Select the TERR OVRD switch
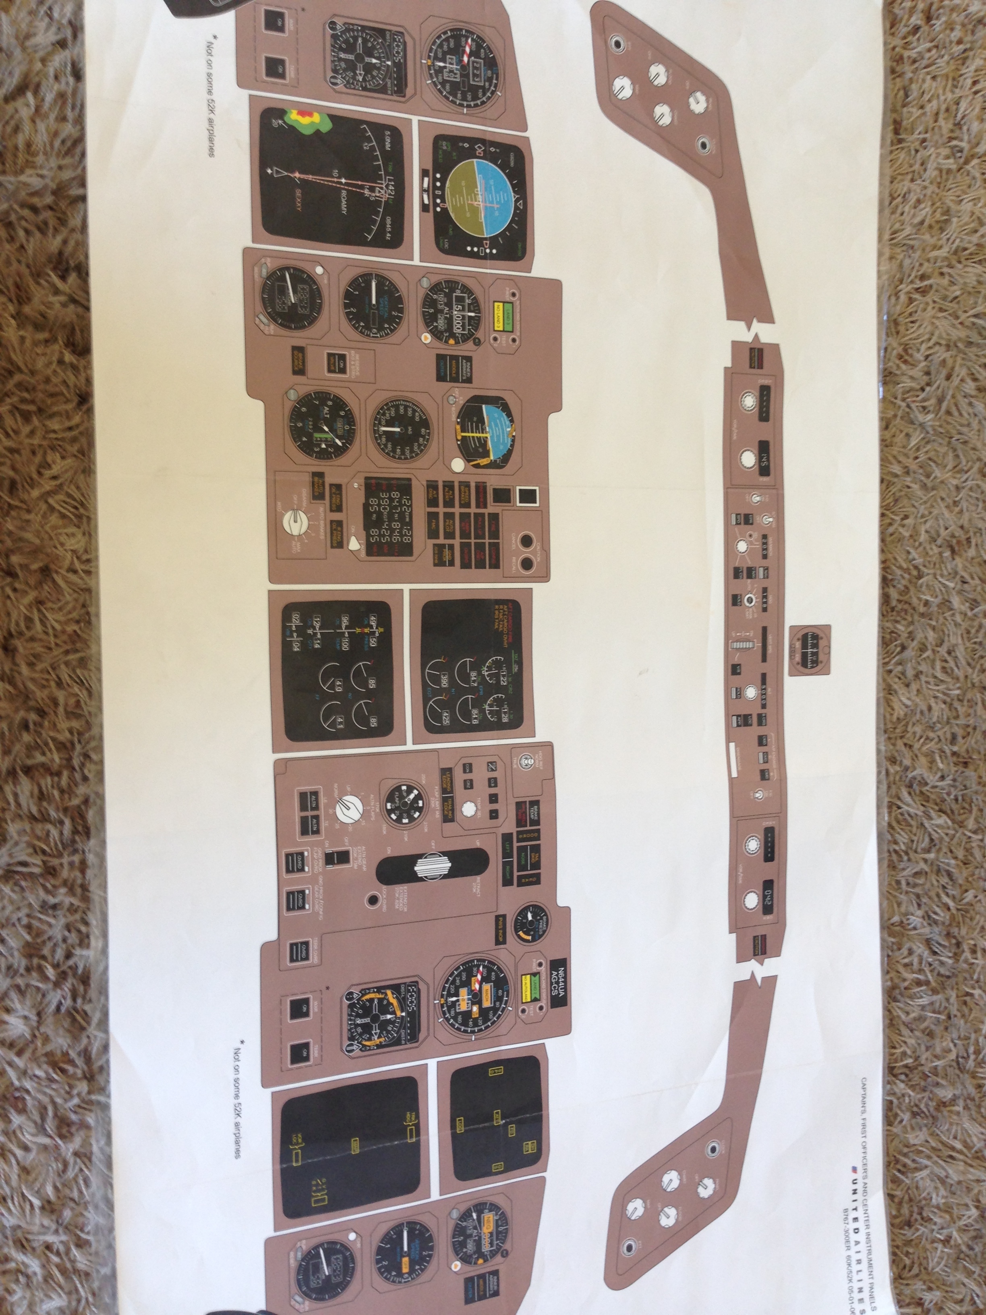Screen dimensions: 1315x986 [x=294, y=952]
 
